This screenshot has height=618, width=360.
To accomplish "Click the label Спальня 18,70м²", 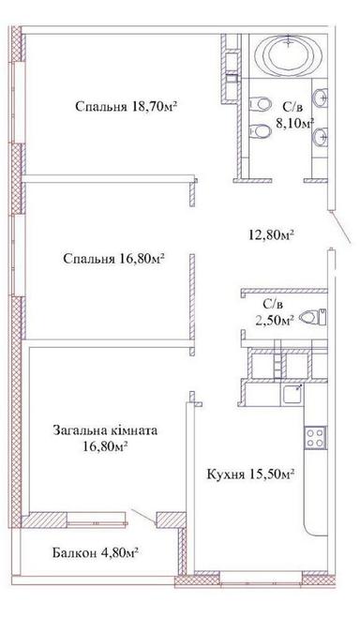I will point(127,106).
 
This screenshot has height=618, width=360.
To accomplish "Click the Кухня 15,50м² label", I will point(251,475).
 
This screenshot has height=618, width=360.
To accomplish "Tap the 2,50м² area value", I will point(275,320).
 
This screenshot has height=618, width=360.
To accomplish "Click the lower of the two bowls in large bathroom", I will point(258,131).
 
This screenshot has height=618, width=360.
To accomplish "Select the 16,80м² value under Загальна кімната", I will point(105,446).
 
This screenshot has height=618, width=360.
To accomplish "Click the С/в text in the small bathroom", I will point(274,304).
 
